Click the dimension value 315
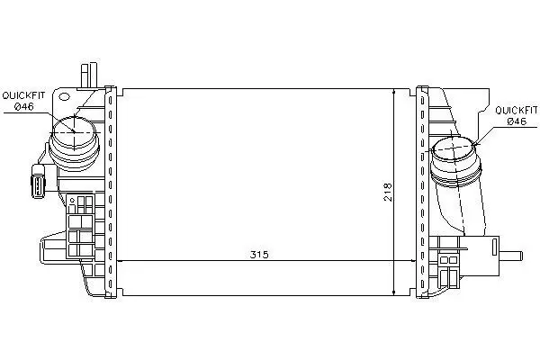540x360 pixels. point(259,255)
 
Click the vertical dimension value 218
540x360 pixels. point(388,192)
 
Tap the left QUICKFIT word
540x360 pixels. point(23,95)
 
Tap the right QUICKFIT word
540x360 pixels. point(516,110)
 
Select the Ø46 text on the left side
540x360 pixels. point(24,106)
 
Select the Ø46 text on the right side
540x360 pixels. point(517,121)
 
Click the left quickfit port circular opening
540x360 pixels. point(74,131)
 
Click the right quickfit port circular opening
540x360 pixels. point(454,148)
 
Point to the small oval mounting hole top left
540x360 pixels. point(64,97)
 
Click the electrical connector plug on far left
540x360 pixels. point(38,181)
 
